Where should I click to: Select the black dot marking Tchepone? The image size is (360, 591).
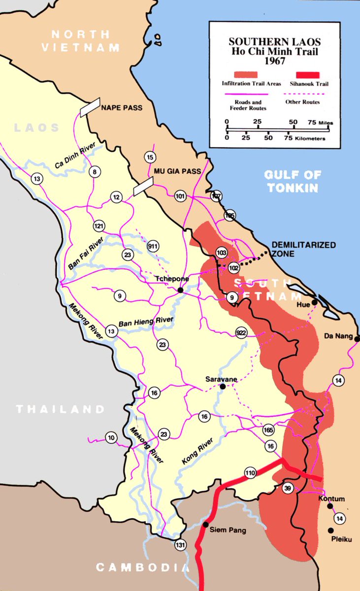click(181, 290)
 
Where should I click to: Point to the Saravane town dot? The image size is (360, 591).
click(223, 387)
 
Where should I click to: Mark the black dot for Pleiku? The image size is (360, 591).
click(330, 530)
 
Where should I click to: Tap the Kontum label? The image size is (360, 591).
click(331, 499)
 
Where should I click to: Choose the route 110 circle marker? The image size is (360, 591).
click(250, 473)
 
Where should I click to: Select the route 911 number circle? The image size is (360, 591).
click(153, 246)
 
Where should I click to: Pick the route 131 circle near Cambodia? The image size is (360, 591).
click(180, 545)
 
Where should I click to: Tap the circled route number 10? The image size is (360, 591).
click(111, 437)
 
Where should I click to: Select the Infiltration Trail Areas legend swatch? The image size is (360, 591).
click(251, 74)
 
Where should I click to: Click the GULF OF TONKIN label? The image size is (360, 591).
click(293, 181)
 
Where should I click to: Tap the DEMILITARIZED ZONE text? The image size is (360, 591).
click(304, 249)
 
